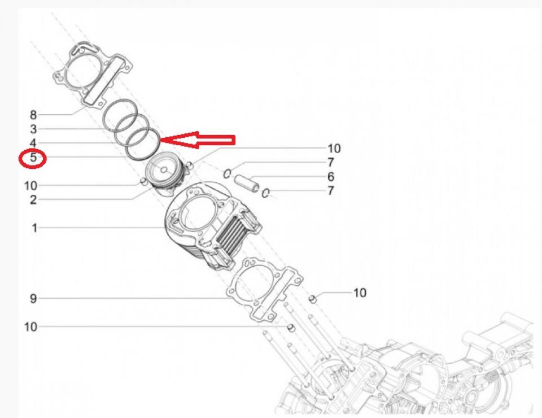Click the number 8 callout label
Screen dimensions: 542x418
33,115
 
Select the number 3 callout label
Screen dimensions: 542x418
33,129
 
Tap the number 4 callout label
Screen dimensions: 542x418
33,143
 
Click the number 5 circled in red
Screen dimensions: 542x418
33,158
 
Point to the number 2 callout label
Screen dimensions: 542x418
33,199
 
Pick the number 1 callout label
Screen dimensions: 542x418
34,228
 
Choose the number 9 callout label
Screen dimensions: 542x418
33,298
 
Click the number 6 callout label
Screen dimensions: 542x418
331,177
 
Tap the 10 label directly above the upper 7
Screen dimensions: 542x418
334,149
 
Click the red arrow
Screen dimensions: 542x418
198,140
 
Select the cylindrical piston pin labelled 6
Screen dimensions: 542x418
247,183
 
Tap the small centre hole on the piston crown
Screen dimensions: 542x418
164,170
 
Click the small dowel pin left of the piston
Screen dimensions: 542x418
143,181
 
